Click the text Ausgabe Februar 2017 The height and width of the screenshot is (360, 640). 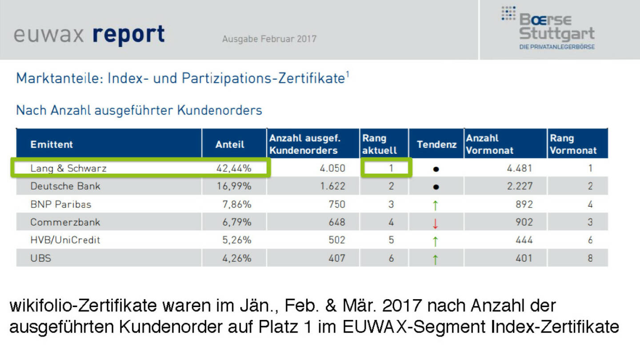click(x=269, y=39)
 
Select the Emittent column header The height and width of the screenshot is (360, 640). click(x=52, y=144)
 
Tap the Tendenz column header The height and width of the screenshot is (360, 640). click(x=436, y=144)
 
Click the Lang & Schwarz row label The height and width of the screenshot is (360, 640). click(x=68, y=168)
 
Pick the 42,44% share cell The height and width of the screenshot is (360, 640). click(x=233, y=168)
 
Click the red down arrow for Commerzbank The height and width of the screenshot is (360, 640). click(x=436, y=223)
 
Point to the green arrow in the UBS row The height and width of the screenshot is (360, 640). click(x=436, y=259)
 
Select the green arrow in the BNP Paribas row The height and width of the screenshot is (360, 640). click(x=436, y=205)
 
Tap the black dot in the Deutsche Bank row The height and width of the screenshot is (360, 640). click(x=436, y=187)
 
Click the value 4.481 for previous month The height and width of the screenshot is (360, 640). click(x=520, y=168)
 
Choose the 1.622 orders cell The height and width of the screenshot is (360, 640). click(x=332, y=186)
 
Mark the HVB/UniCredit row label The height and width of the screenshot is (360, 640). click(x=65, y=240)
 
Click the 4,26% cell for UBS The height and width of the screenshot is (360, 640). click(x=236, y=258)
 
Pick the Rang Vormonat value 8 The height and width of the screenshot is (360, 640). click(x=590, y=258)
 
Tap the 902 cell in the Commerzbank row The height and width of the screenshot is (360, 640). click(x=524, y=222)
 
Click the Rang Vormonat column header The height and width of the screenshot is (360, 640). click(x=573, y=144)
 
